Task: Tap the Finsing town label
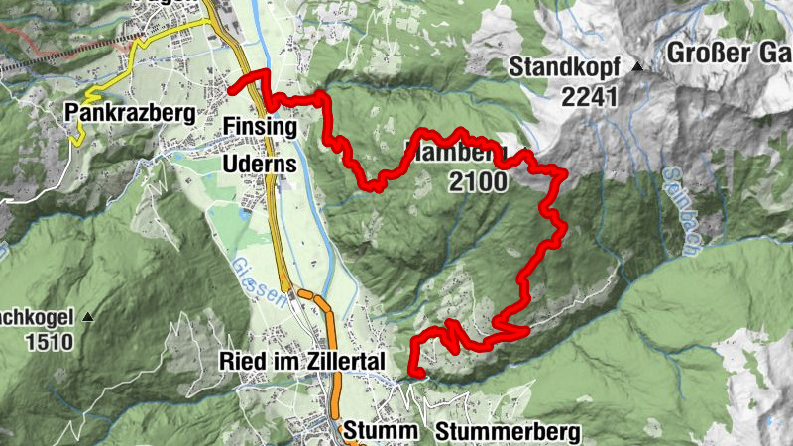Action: tap(260, 128)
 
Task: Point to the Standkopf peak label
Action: tap(565, 68)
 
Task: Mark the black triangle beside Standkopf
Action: tap(637, 68)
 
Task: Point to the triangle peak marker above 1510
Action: tap(88, 317)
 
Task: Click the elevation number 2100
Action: tap(477, 181)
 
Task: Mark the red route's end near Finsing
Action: tap(231, 90)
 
